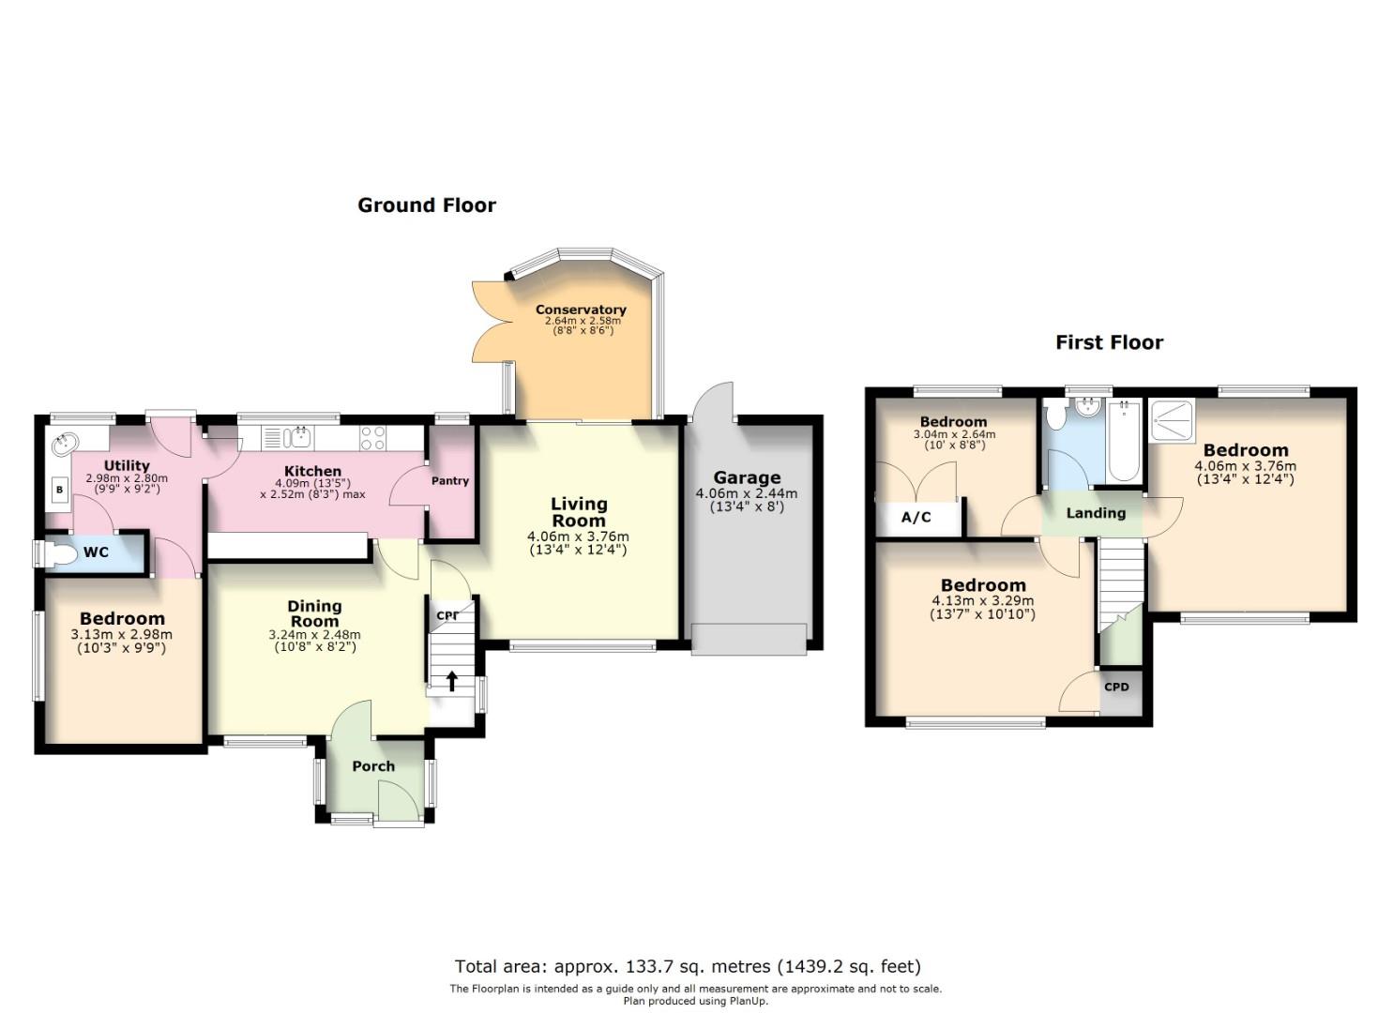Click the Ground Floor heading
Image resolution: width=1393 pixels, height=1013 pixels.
pyautogui.click(x=427, y=205)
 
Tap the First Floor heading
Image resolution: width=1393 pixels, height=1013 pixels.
pyautogui.click(x=1109, y=342)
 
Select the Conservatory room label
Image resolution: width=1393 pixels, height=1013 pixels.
pyautogui.click(x=581, y=310)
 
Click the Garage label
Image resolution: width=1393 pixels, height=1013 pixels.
pyautogui.click(x=747, y=477)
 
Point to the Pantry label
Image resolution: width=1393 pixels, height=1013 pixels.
pyautogui.click(x=449, y=480)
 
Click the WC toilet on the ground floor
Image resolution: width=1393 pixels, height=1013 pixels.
pyautogui.click(x=60, y=553)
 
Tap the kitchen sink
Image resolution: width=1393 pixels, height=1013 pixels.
pyautogui.click(x=296, y=437)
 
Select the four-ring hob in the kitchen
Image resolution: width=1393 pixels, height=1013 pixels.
pyautogui.click(x=372, y=437)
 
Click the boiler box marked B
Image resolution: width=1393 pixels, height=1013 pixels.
pyautogui.click(x=60, y=490)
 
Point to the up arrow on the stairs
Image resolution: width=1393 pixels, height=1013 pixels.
pyautogui.click(x=451, y=680)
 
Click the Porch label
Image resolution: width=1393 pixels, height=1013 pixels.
pyautogui.click(x=373, y=766)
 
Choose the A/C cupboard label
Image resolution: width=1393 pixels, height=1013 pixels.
pyautogui.click(x=916, y=517)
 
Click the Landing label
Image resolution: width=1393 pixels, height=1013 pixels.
pyautogui.click(x=1096, y=513)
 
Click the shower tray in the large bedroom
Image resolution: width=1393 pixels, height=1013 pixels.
pyautogui.click(x=1173, y=421)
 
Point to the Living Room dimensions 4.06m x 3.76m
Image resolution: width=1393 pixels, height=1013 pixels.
pyautogui.click(x=578, y=536)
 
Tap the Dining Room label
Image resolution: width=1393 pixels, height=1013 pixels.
pyautogui.click(x=314, y=613)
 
